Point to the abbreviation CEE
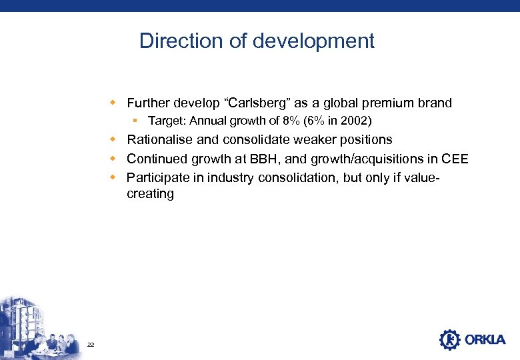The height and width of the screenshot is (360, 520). (455, 159)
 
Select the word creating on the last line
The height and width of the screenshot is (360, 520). (150, 194)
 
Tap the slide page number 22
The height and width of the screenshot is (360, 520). (91, 344)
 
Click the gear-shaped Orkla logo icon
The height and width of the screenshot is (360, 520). (450, 339)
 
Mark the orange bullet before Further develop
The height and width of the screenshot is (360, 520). (115, 103)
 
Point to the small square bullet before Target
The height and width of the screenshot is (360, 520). (135, 121)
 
